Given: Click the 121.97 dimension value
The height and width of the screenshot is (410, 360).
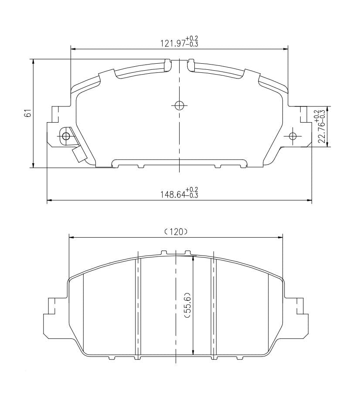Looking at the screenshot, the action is point(173,43).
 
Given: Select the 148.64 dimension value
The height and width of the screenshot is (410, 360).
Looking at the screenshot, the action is point(173,195).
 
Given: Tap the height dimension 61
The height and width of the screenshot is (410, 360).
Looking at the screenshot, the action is point(28,113).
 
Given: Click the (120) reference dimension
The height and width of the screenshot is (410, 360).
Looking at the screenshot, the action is point(176,232).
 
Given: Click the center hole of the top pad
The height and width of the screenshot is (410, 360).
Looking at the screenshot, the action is point(179,106).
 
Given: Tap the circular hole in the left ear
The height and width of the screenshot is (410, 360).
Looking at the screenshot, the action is point(66,136).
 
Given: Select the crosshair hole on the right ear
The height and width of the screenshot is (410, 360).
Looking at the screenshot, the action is point(293,136).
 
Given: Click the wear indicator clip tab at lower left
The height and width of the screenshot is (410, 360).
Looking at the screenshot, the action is point(80,155).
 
